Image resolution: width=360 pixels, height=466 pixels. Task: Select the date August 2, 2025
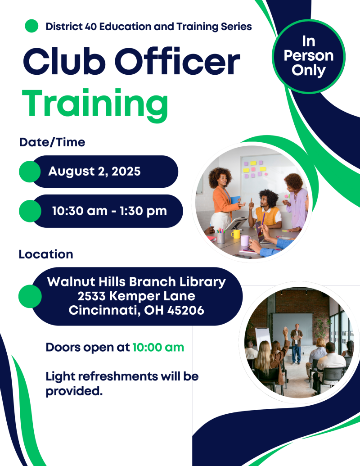coord(94,172)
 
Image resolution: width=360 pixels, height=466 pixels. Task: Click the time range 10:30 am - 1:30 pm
coord(110,211)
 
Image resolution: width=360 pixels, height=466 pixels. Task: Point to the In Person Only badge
coord(309,56)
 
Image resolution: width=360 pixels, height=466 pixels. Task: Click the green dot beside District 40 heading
coord(31,26)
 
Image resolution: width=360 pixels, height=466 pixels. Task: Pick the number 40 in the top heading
coord(90,27)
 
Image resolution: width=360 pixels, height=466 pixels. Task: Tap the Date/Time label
coord(52,142)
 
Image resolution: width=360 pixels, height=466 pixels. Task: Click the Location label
coord(46,254)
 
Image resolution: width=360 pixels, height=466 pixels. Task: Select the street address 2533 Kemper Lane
coord(136,296)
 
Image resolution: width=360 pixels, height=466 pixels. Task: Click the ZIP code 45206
coord(186,310)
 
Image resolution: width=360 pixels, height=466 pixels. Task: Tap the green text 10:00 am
coord(158,348)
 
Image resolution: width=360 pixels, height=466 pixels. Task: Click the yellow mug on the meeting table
coord(235,234)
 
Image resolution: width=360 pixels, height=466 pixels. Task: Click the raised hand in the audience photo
coord(285,330)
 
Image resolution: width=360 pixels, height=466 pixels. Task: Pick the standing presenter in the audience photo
coord(296,344)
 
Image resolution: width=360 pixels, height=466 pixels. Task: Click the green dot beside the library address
coord(30,296)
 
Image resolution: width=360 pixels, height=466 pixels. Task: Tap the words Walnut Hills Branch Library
coord(136,282)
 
